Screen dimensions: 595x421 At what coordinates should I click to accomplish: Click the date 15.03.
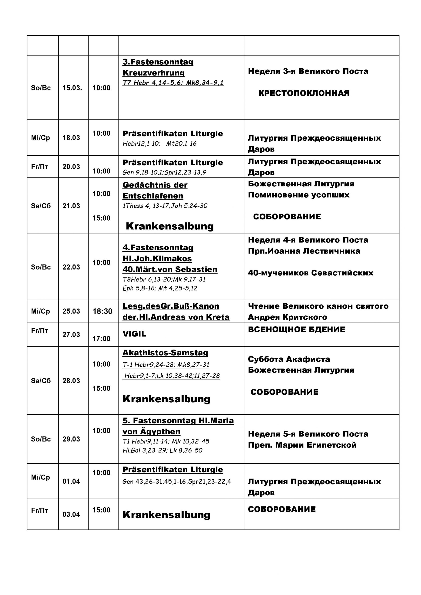pos(72,88)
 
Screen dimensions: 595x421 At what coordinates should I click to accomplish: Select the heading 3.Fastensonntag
pos(158,62)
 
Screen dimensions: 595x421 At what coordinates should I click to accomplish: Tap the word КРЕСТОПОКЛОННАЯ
pos(304,93)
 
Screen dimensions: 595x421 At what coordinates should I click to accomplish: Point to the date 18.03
pos(71,138)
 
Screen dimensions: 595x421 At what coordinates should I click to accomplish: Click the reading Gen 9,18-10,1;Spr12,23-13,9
pos(164,172)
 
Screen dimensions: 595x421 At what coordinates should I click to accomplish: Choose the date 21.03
pos(71,206)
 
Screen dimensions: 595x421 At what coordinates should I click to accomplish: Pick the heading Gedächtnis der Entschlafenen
pos(155,190)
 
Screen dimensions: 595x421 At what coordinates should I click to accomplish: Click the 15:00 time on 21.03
pos(101,218)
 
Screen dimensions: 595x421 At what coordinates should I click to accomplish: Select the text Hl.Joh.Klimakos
pos(157,258)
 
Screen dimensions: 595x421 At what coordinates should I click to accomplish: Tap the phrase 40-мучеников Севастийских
pos(311,273)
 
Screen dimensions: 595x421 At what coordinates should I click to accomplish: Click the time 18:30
pos(102,311)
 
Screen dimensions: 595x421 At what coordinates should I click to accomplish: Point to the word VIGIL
pos(134,334)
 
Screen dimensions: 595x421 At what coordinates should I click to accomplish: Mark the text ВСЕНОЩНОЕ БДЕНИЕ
pos(297,329)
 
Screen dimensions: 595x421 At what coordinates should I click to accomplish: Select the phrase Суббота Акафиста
pos(289,359)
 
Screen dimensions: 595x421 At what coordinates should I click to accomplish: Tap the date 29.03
pos(71,439)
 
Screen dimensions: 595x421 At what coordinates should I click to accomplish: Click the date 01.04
pos(71,481)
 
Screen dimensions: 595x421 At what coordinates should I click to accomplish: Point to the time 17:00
pos(101,338)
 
